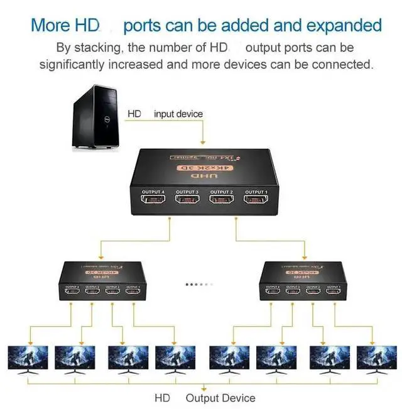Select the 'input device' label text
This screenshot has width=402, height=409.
click(178, 114)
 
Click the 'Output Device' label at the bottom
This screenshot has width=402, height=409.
click(220, 398)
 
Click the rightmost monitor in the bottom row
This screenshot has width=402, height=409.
click(376, 359)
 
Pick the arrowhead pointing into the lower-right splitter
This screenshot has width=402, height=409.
click(304, 257)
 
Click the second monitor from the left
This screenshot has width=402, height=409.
click(74, 359)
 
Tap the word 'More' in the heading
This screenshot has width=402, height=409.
click(52, 26)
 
